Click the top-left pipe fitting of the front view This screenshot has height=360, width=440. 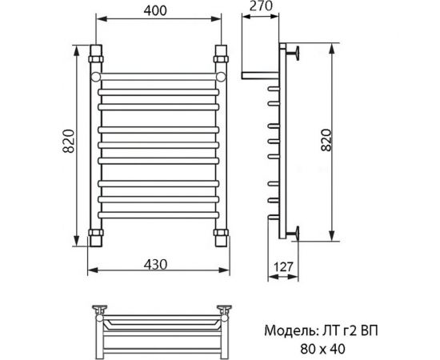[x=96, y=57]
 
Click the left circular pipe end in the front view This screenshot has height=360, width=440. [x=96, y=77]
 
